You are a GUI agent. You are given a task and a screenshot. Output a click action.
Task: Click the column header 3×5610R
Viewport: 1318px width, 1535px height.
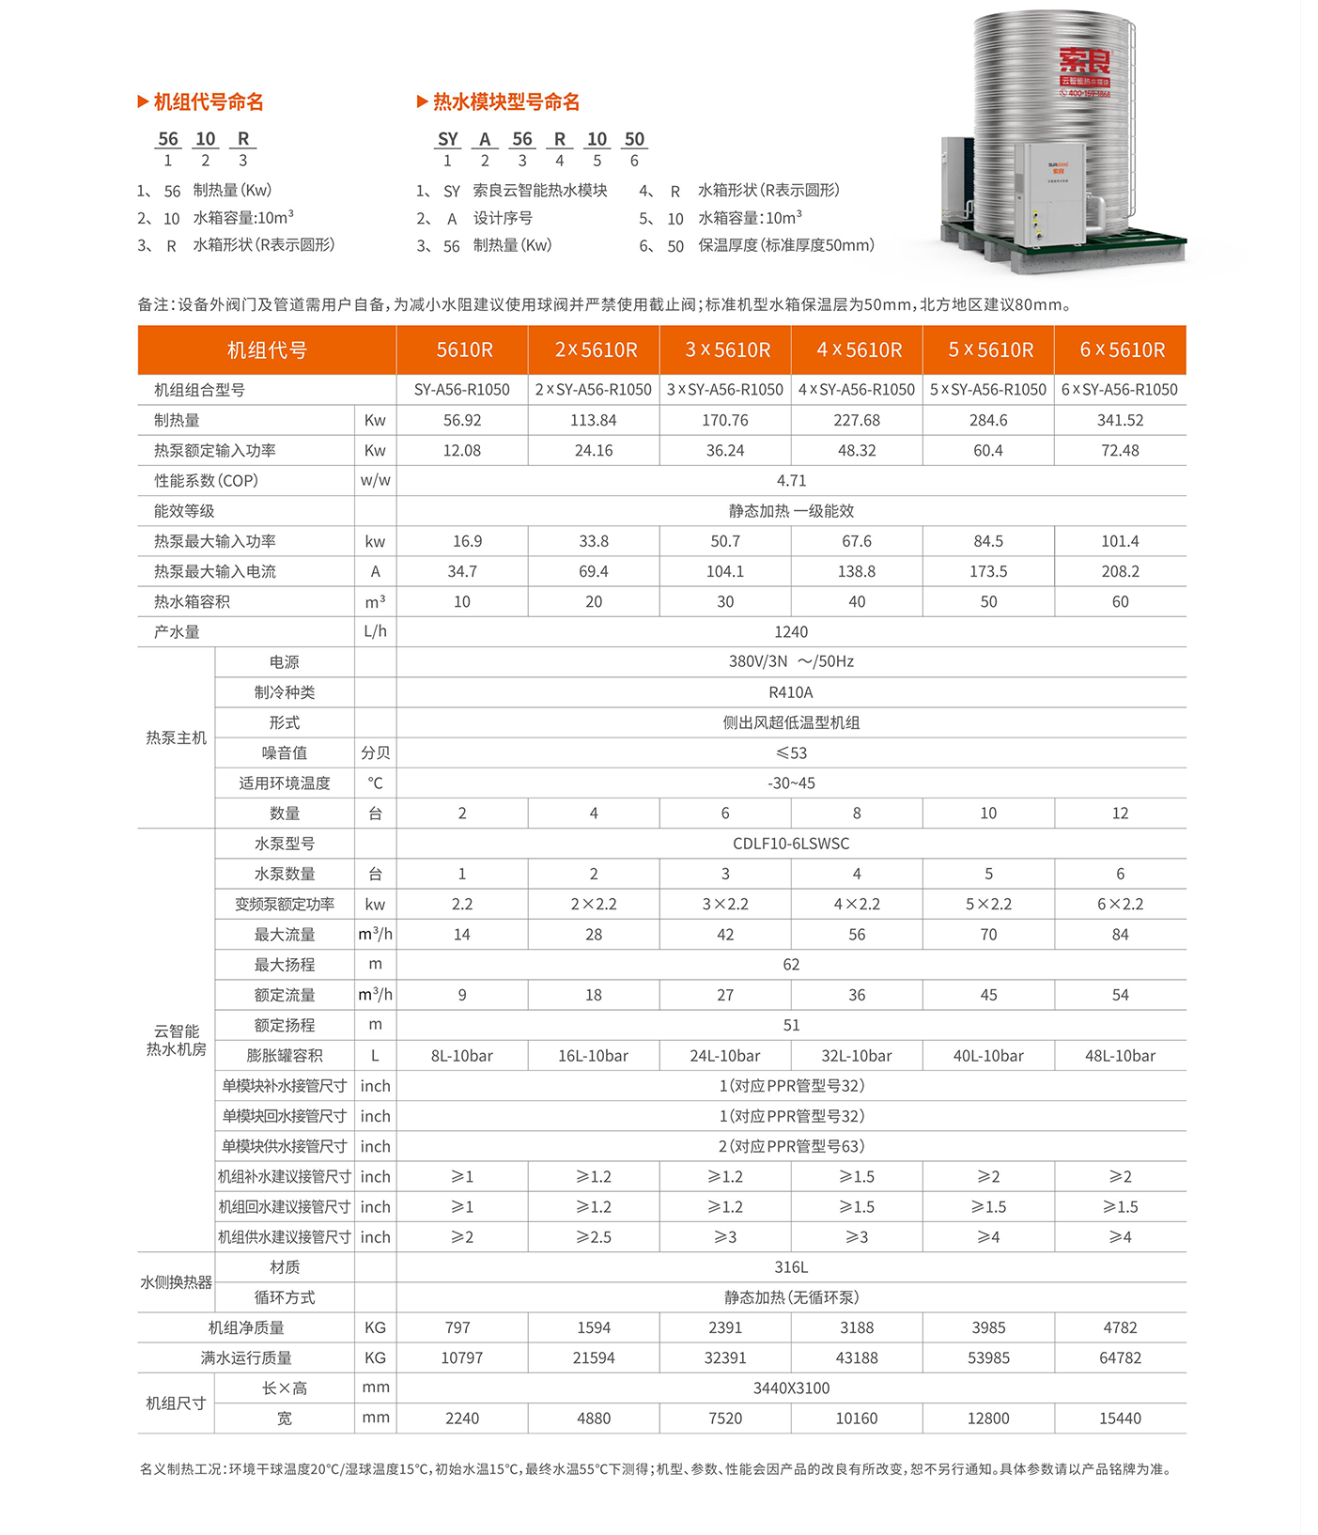726,350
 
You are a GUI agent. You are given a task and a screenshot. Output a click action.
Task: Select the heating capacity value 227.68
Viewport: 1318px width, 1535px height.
857,420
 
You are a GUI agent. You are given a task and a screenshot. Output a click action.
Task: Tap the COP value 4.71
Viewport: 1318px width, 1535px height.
791,480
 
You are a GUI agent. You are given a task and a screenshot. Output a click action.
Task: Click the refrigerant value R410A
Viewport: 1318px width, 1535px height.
791,692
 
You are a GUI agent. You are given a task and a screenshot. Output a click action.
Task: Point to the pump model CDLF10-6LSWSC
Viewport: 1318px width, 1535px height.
791,844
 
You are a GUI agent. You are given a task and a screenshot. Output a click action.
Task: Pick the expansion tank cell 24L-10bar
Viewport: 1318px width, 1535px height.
725,1056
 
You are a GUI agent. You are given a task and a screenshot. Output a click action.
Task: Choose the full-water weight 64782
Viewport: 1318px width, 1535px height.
1120,1357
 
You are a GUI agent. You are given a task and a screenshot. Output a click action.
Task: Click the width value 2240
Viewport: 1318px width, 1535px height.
462,1419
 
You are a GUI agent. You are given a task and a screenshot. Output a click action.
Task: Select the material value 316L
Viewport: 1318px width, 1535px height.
791,1267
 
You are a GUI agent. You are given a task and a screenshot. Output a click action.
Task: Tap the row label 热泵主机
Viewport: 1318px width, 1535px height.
176,737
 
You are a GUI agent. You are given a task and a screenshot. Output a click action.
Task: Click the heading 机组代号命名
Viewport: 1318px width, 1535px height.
209,101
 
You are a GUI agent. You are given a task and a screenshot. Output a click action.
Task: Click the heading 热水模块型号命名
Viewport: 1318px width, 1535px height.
505,101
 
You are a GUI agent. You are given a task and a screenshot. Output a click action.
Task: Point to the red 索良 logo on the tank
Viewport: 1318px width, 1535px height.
1085,62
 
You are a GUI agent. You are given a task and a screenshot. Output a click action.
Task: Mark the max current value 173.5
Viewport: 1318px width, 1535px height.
988,571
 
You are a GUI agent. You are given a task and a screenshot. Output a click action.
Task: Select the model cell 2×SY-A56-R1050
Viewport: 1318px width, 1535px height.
594,390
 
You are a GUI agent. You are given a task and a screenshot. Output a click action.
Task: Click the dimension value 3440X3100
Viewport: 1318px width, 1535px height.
791,1388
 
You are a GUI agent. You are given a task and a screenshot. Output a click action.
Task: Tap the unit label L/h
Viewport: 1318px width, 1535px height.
375,631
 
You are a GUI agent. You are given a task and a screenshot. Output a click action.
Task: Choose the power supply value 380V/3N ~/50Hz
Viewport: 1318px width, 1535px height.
791,661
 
